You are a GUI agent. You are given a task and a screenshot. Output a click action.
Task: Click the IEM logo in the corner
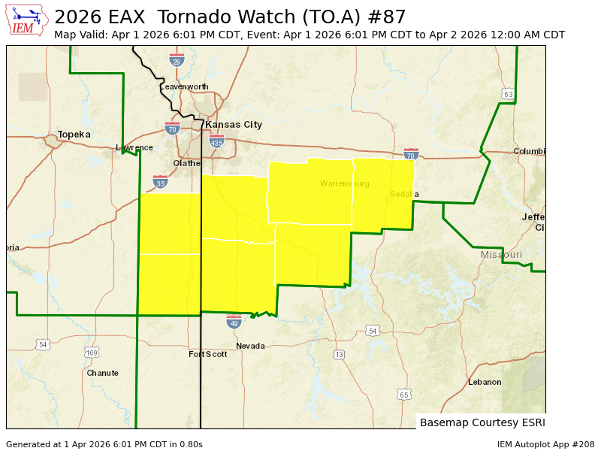tap(27, 20)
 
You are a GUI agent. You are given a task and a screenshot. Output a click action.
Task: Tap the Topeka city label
tap(74, 135)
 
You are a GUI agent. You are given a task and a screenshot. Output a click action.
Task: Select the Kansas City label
tap(234, 125)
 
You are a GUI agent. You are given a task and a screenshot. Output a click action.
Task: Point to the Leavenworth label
tap(184, 87)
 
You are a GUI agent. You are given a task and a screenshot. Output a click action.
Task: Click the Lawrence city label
tap(134, 148)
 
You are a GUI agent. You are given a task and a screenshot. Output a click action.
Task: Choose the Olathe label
tap(187, 163)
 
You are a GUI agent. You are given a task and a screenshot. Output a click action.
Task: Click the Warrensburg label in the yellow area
tap(345, 183)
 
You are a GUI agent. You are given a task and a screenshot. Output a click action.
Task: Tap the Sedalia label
tap(404, 195)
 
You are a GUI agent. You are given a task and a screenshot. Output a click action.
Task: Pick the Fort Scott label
tap(207, 354)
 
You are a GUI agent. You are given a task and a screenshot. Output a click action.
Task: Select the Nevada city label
tap(250, 346)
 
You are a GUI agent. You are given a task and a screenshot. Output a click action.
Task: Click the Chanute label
tap(102, 373)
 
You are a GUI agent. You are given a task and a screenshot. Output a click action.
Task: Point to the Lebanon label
tap(485, 382)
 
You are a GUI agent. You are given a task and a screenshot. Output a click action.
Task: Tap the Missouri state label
tap(501, 255)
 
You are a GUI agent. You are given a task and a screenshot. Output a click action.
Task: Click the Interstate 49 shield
tap(234, 322)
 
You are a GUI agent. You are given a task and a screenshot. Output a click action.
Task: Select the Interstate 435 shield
tap(216, 141)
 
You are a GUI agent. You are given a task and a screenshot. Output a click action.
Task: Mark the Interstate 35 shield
tap(160, 182)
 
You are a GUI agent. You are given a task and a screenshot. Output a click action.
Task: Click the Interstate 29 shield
tap(177, 60)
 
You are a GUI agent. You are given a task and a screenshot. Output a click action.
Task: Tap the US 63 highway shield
tap(509, 94)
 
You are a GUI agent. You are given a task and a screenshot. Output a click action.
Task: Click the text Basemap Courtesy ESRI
tap(482, 422)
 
